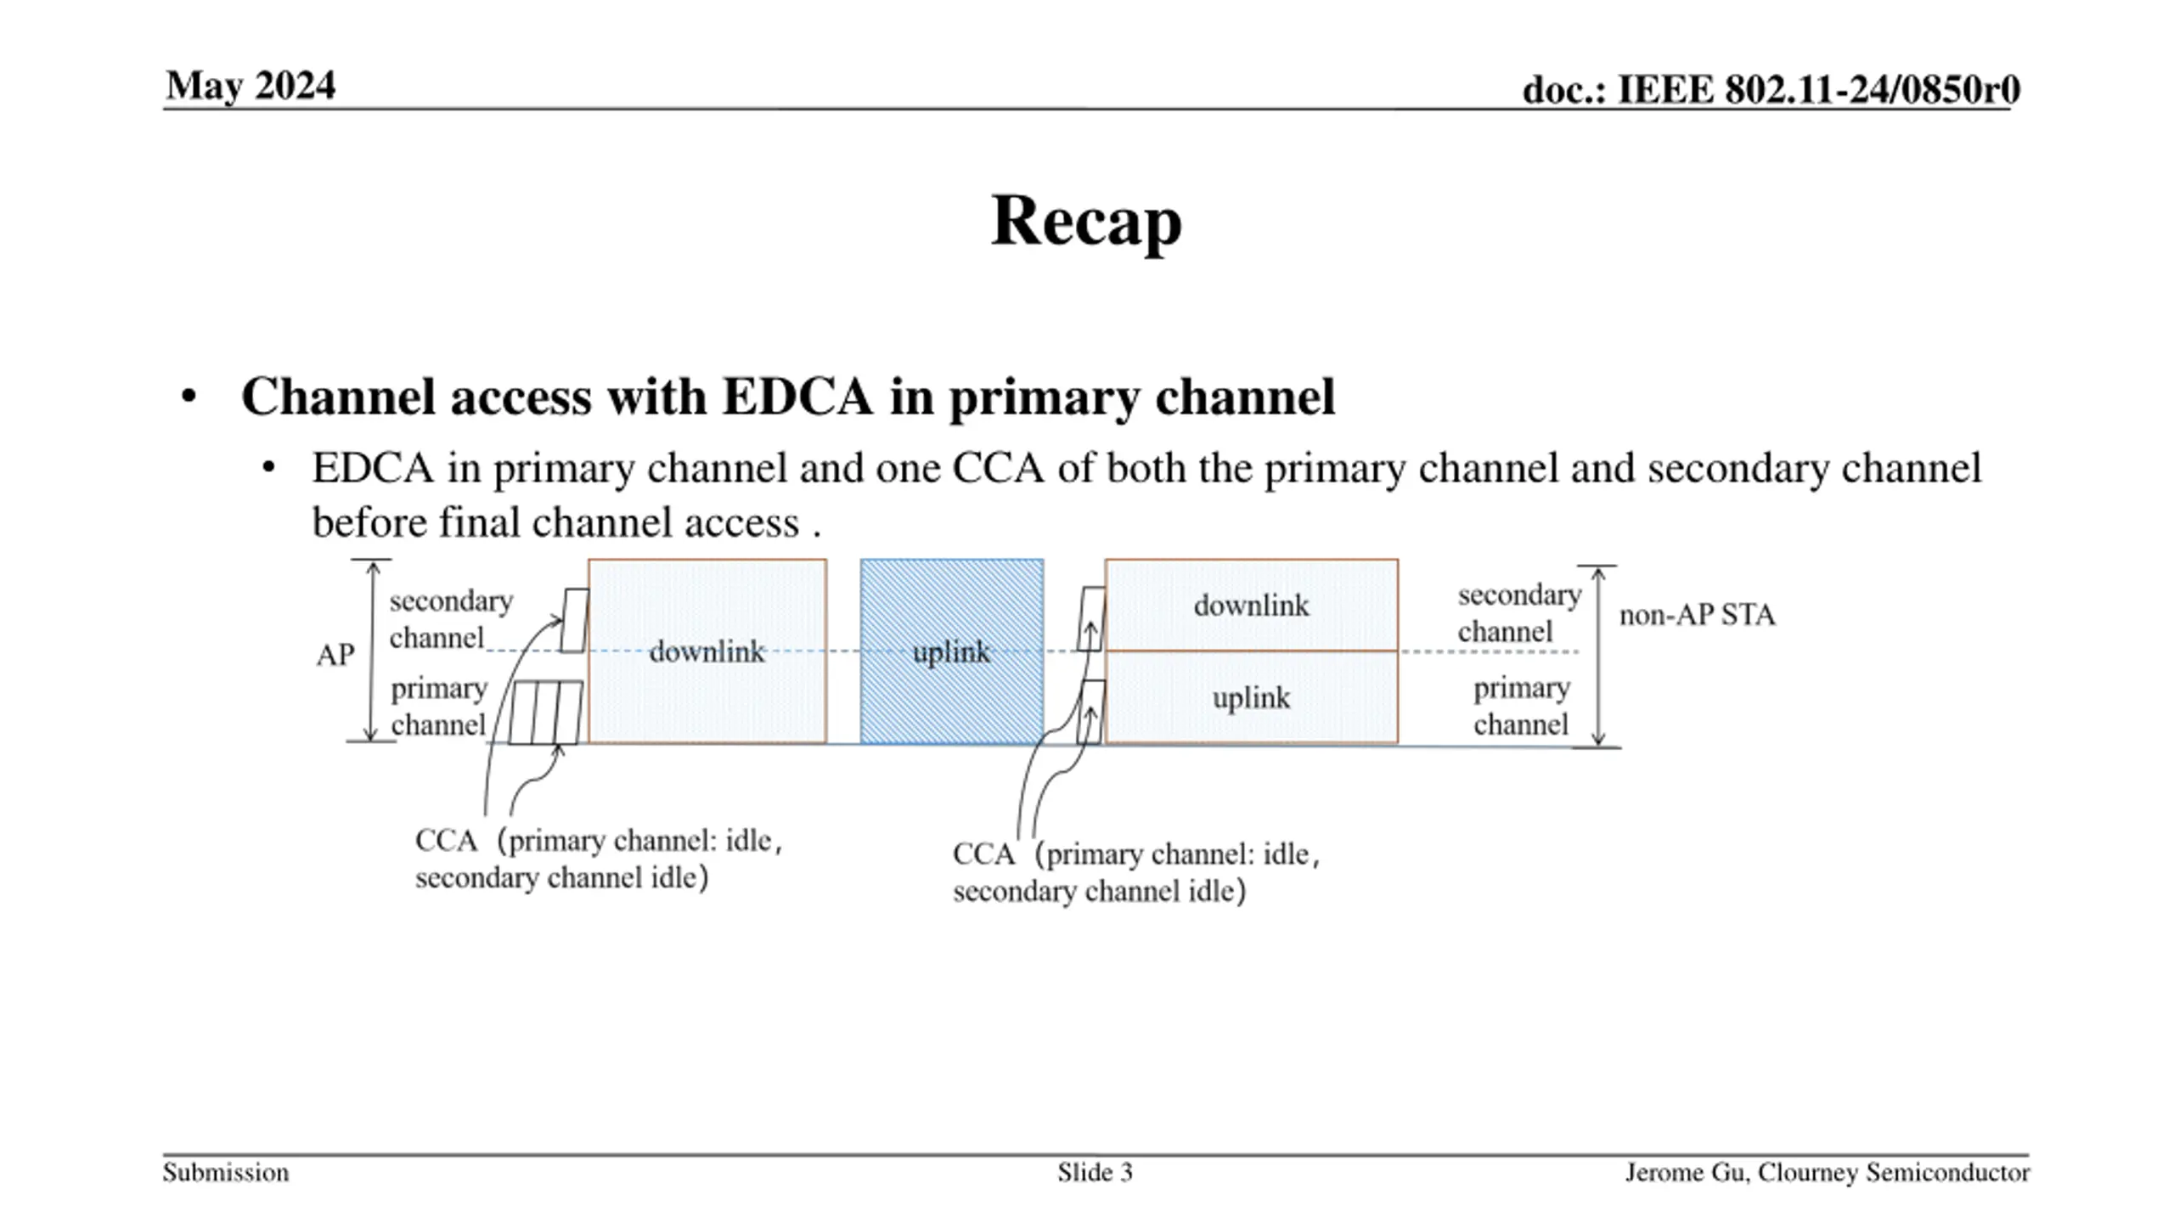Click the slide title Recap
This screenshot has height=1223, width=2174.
[1086, 221]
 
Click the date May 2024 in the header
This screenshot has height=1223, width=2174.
[251, 86]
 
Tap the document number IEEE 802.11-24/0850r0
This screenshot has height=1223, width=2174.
[1771, 90]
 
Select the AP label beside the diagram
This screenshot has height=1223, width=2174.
[335, 655]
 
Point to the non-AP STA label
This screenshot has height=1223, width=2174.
[1697, 615]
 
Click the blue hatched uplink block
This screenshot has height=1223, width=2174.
[952, 651]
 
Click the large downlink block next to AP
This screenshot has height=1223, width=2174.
[707, 651]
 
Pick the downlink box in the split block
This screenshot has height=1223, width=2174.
[1251, 606]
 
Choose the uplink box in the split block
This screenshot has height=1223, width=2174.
[1251, 698]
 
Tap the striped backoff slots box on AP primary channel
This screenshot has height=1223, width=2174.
[546, 712]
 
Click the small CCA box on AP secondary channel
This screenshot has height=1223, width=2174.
[576, 621]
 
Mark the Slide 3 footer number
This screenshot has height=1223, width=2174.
[1095, 1173]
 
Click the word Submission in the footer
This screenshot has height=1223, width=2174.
[226, 1173]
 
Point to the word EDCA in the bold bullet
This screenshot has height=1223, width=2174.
[797, 397]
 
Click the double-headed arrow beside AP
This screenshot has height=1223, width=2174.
[371, 651]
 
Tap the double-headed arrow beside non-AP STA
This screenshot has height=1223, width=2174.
[1597, 656]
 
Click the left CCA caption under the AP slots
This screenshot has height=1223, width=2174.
[598, 859]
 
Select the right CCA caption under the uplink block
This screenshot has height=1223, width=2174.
[1135, 872]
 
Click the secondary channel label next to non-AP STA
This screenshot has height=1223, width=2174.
[1518, 613]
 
